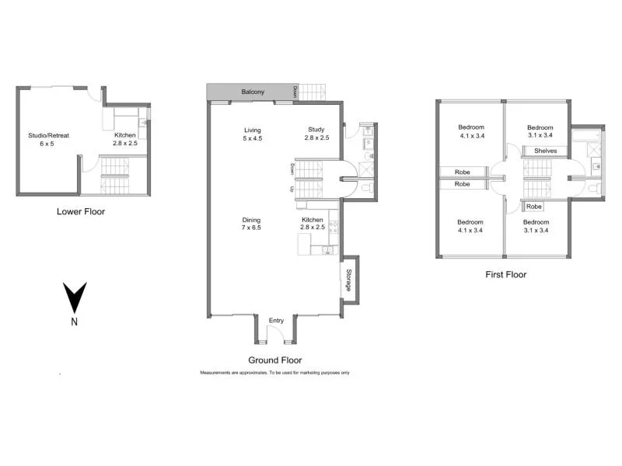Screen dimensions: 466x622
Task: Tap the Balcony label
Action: [x=252, y=92]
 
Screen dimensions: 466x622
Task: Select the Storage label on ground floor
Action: [x=349, y=280]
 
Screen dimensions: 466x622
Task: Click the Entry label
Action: [x=276, y=321]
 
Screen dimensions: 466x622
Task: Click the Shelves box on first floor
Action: [x=545, y=151]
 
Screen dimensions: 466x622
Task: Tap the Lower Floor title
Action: [x=81, y=211]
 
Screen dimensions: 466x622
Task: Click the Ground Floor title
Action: [x=274, y=360]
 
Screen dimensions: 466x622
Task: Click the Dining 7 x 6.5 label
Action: [x=251, y=224]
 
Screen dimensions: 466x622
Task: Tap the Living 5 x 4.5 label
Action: [x=252, y=134]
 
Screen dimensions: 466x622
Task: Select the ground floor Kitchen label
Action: [x=313, y=224]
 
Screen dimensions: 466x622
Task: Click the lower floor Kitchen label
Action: [x=125, y=139]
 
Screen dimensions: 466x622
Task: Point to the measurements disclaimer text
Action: [x=274, y=373]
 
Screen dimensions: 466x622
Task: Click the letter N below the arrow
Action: [x=74, y=322]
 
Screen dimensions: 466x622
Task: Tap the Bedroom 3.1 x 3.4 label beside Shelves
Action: [x=540, y=132]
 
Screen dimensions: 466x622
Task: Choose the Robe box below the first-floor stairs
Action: [x=533, y=207]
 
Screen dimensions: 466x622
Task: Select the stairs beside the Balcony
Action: [x=313, y=92]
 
